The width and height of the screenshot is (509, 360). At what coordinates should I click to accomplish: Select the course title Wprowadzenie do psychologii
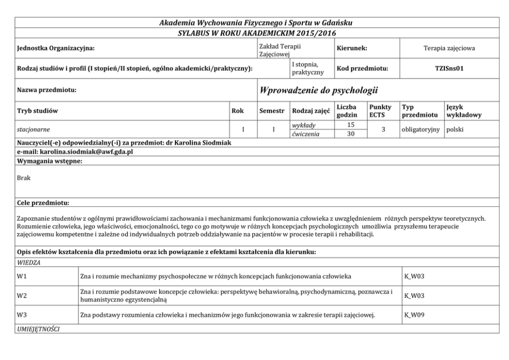319,91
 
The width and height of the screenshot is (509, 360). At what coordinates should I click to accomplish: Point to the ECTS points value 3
383,129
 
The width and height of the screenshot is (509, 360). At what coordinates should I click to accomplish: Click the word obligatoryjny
421,129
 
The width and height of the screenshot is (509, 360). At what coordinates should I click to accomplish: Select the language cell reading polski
455,129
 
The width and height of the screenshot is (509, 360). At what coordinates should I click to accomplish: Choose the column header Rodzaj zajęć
310,111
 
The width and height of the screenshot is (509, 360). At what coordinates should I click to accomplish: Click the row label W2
22,296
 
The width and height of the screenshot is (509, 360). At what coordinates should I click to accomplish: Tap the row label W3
22,315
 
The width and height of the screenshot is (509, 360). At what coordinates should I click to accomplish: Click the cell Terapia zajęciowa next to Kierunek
449,48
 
